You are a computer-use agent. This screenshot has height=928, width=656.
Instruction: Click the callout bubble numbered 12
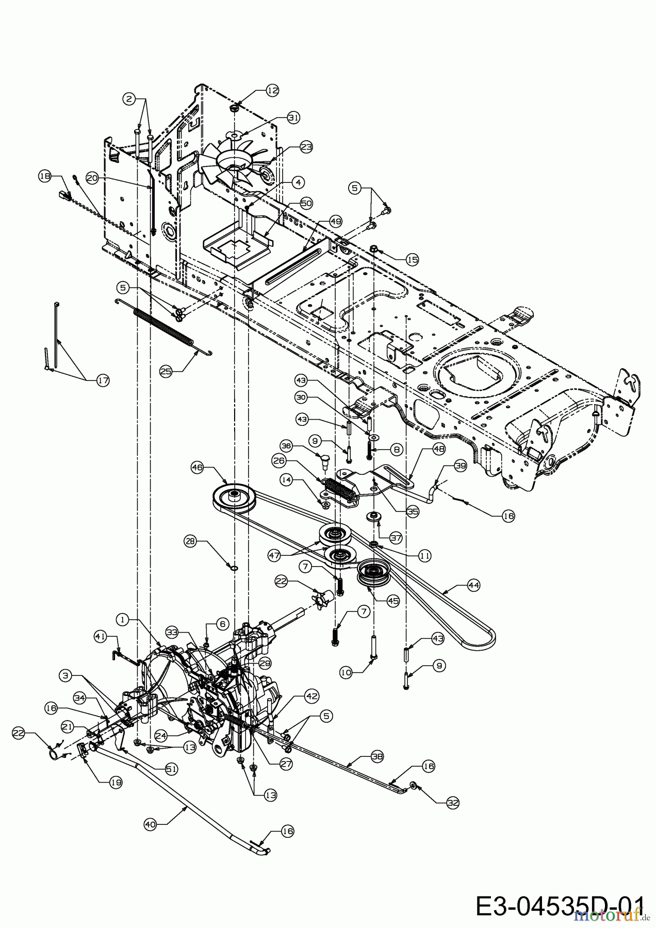[x=272, y=91]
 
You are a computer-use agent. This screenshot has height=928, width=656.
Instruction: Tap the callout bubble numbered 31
[x=293, y=118]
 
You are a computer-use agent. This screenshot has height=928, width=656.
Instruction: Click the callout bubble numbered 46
[x=198, y=468]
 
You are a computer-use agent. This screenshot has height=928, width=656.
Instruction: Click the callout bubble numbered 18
[x=45, y=176]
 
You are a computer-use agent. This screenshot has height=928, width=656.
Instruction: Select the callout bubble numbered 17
[x=103, y=381]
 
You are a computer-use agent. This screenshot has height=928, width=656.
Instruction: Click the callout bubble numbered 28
[x=190, y=541]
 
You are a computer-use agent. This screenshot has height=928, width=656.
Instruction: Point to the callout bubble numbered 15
[x=412, y=260]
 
